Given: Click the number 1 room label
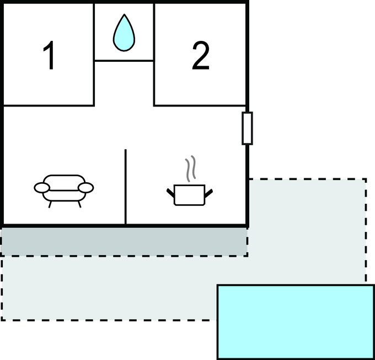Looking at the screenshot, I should coord(50,56).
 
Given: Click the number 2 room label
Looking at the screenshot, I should coord(201,56).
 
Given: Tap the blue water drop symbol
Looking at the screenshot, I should coord(124,33).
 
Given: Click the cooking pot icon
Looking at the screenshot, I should coord(189,194).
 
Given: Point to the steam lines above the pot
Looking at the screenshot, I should coord(190,170).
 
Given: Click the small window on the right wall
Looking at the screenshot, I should coord(247,128).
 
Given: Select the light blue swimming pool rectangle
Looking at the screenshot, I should coord(296,321).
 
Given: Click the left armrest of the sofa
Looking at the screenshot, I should coord(42,188).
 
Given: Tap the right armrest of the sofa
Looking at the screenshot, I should coord(86,188).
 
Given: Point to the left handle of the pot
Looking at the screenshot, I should coord(170,192).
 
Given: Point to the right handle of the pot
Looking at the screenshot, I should coord(208,192).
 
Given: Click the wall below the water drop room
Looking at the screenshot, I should coord(124,61).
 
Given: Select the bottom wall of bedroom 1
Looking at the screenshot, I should coord(49,105).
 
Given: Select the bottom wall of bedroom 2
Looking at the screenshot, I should coord(200,105).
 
